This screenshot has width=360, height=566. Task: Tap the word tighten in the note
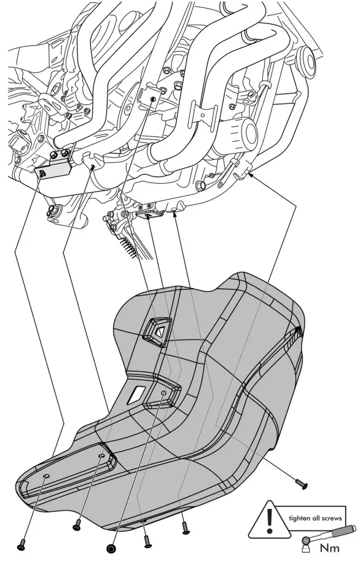(299, 519)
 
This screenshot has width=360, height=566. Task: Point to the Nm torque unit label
(330, 548)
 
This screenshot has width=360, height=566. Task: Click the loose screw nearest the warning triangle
(300, 484)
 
